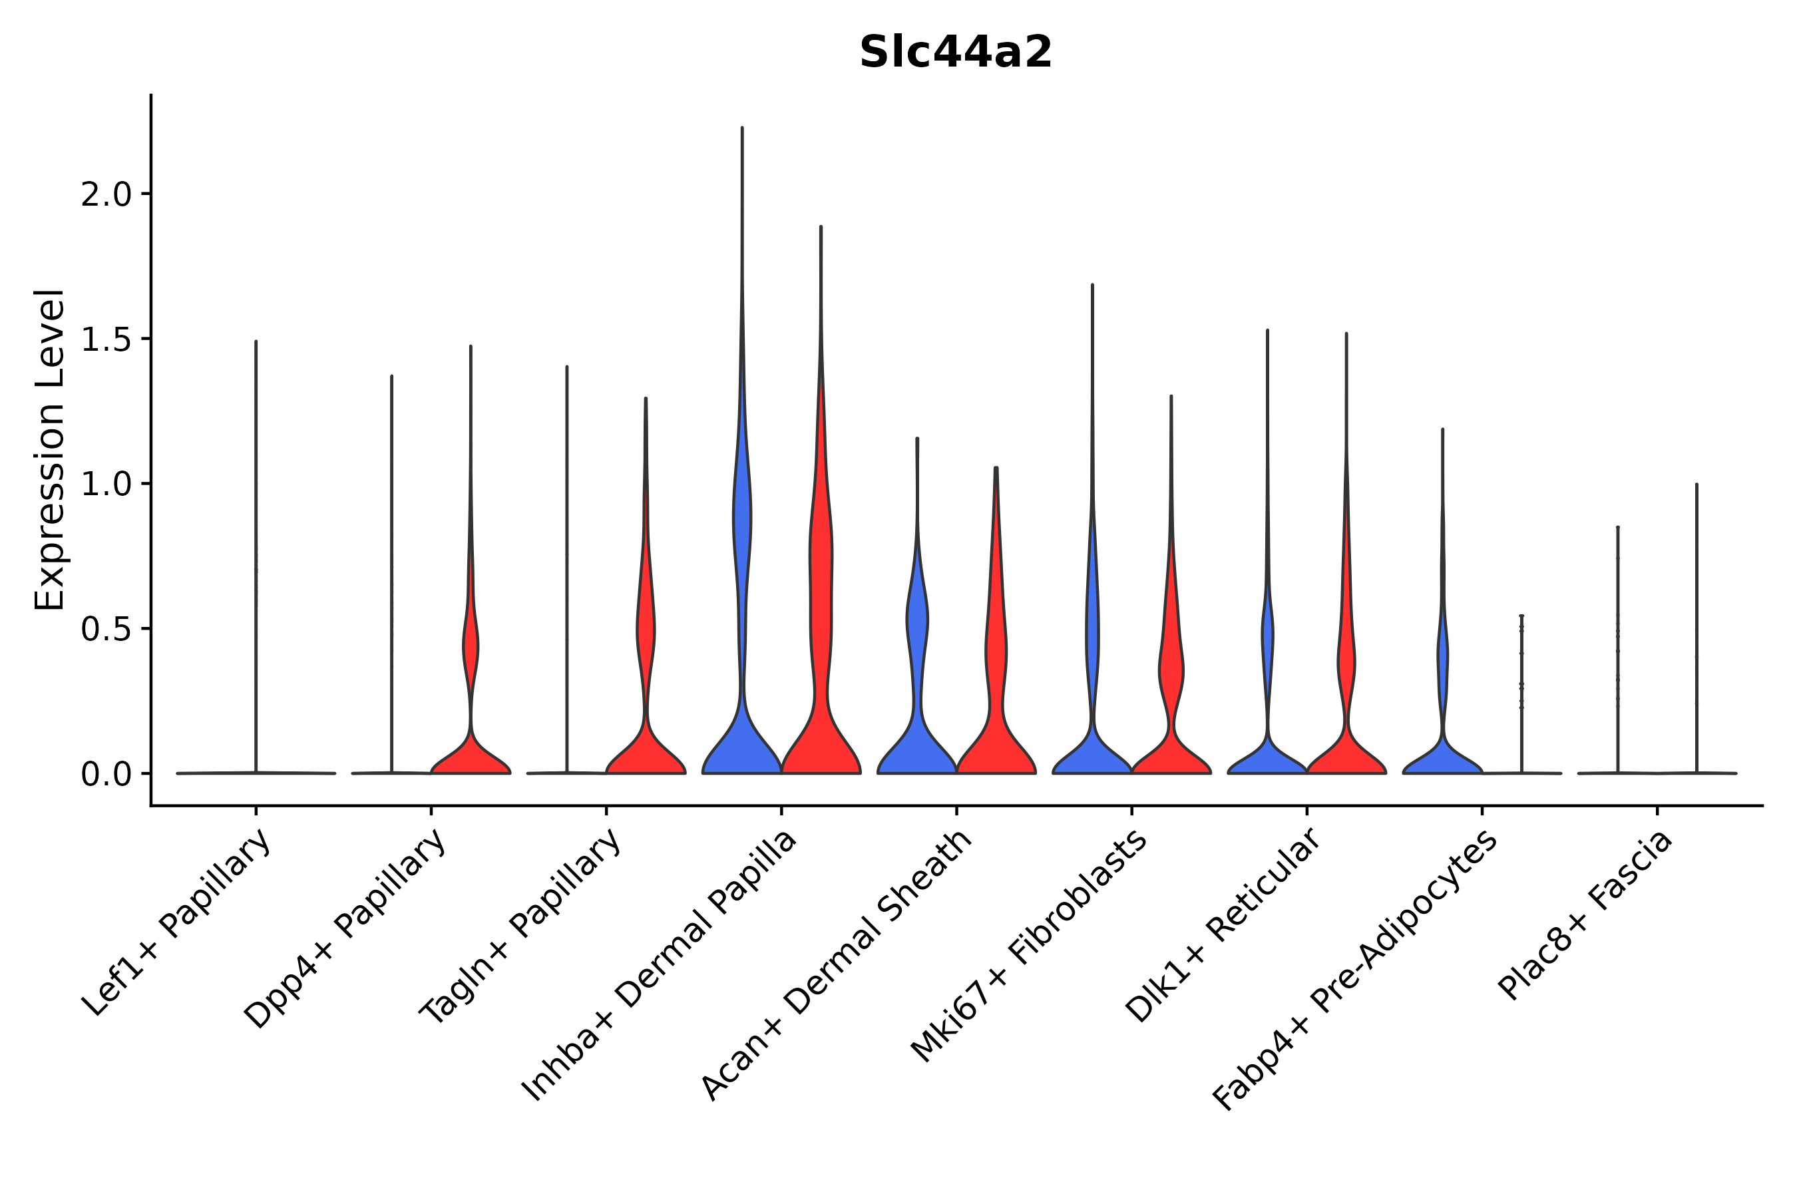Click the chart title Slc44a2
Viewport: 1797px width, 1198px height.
click(955, 53)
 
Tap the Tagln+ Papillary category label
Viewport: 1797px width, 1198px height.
click(520, 928)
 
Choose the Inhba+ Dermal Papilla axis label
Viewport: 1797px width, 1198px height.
click(660, 966)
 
